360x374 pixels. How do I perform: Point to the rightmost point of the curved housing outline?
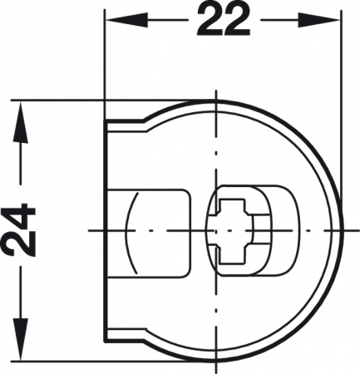(x=343, y=229)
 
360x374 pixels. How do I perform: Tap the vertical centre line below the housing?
(x=218, y=366)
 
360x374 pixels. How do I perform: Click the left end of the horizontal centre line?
(x=90, y=229)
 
